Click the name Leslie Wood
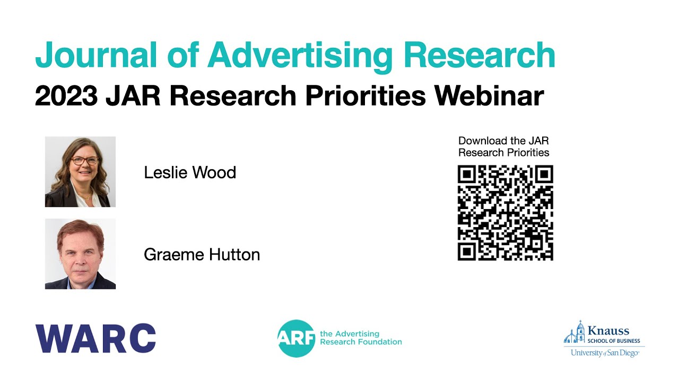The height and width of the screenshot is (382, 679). pos(190,172)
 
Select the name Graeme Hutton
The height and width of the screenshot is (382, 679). pos(202,255)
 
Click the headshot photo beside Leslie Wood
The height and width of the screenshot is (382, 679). pos(80,171)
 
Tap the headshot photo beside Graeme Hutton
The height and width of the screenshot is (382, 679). pos(80,254)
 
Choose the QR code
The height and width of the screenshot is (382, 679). pos(505,213)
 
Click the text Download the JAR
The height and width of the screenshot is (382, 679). pos(503,141)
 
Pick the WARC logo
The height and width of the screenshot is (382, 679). pos(95,338)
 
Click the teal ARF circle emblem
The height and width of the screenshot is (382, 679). pos(296,338)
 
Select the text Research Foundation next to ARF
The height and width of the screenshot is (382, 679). pos(361,342)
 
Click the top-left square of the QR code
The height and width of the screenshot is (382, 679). pos(467,175)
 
